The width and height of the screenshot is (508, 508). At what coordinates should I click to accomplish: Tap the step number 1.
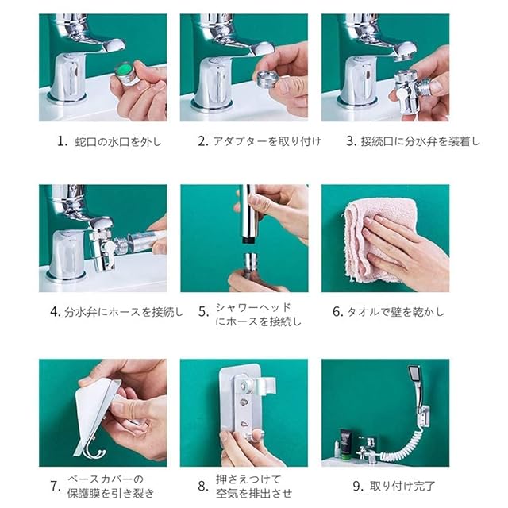click(x=62, y=141)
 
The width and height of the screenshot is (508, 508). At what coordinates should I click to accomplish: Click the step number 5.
click(x=203, y=312)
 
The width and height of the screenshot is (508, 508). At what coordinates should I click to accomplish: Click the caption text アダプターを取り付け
click(x=267, y=141)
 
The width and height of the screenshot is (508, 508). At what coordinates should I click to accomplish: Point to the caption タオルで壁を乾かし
click(x=395, y=312)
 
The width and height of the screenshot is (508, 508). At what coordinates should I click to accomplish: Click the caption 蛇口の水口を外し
click(x=118, y=141)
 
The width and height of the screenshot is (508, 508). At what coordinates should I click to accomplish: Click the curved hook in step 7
click(x=95, y=452)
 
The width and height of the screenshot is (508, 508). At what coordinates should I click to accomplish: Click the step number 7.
click(x=55, y=486)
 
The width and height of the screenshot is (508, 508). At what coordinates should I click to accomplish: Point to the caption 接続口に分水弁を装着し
click(x=421, y=141)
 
